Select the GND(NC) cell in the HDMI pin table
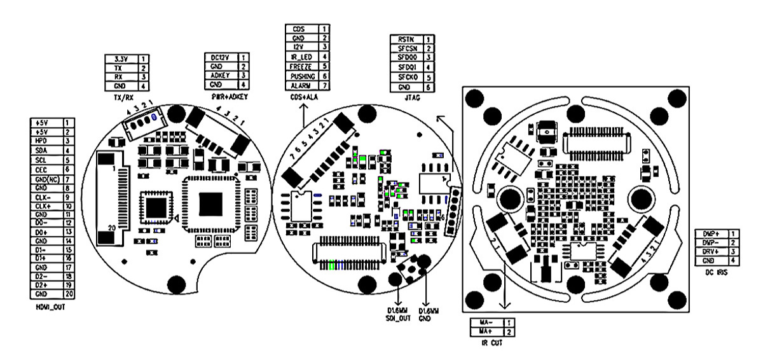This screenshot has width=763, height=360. click(46, 180)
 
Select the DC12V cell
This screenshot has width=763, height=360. click(220, 57)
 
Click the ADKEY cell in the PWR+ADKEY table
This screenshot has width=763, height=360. click(220, 75)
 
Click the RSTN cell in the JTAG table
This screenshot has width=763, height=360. click(406, 39)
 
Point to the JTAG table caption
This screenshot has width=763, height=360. click(409, 99)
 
